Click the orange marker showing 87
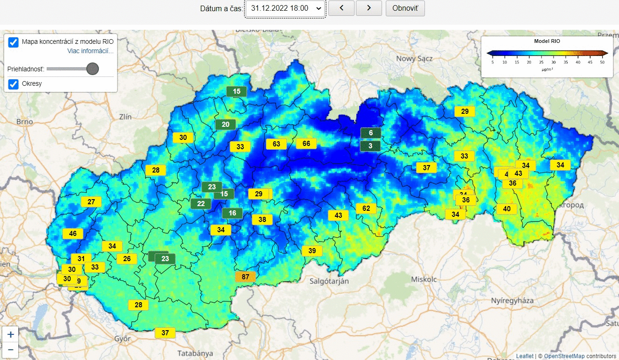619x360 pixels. click(246, 277)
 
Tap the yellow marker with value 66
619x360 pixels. click(306, 144)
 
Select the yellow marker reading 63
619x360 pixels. click(276, 144)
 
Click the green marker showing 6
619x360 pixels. click(371, 133)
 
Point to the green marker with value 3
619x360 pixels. click(370, 146)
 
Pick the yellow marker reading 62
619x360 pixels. click(366, 208)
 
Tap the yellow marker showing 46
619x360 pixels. click(73, 234)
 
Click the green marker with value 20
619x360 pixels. click(225, 125)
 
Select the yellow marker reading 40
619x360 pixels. click(507, 209)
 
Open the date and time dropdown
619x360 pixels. click(285, 8)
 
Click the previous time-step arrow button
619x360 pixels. click(341, 8)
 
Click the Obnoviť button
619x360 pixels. click(405, 8)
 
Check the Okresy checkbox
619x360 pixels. click(14, 84)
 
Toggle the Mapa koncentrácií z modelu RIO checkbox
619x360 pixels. click(14, 42)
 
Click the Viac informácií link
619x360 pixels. click(90, 51)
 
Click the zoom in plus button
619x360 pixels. click(11, 334)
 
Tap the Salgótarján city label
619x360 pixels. click(329, 281)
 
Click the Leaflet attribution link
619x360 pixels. click(524, 356)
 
